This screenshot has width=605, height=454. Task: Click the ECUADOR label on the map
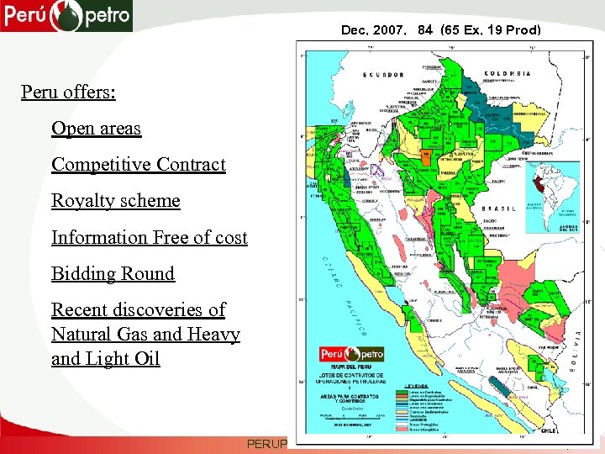(x=383, y=74)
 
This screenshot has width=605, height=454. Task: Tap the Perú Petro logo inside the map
(x=351, y=354)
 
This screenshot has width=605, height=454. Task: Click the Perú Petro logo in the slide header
(x=66, y=15)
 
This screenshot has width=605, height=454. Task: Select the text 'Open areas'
(x=96, y=129)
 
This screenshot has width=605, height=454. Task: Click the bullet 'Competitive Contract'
(x=139, y=164)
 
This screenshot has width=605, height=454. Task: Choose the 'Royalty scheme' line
(x=116, y=201)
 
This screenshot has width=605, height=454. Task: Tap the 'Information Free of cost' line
(x=150, y=238)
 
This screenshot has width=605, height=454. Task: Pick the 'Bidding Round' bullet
(x=113, y=274)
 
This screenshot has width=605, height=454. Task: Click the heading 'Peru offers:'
(x=68, y=91)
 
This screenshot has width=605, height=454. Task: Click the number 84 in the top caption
(x=424, y=31)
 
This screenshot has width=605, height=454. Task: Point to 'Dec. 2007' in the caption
(x=367, y=31)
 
